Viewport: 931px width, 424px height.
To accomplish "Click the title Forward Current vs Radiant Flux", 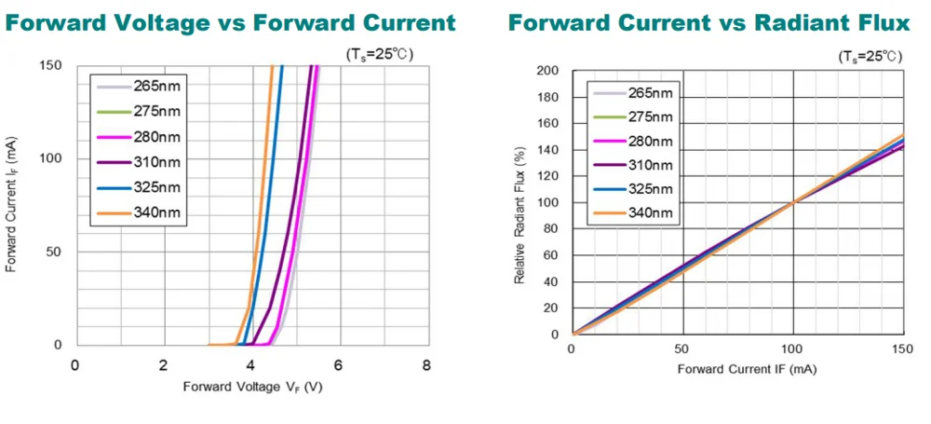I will (707, 21).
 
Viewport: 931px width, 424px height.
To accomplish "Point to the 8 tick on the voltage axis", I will (426, 363).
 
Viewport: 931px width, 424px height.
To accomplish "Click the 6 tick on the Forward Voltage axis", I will (338, 363).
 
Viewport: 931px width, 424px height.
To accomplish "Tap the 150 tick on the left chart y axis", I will (50, 65).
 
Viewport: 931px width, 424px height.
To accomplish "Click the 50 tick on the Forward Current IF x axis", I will (682, 349).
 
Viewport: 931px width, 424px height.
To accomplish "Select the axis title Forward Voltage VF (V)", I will (252, 386).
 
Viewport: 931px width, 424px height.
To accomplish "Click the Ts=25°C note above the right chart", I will (870, 57).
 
